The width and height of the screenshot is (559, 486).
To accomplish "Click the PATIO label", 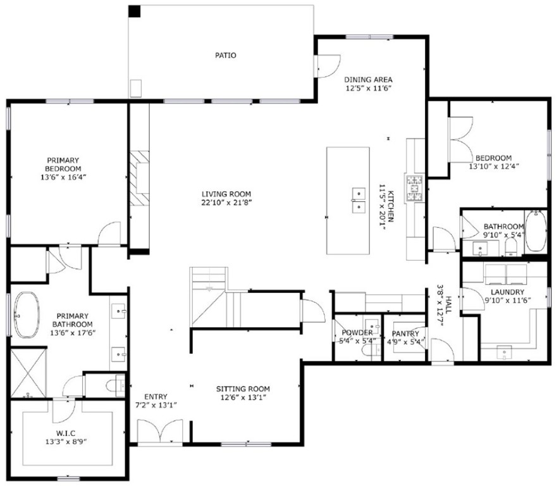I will tap(225, 56).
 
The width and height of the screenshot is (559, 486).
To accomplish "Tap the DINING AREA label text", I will tap(369, 80).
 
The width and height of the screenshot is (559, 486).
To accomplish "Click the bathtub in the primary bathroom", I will tap(27, 314).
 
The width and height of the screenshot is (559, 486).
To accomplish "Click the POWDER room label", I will tap(357, 333).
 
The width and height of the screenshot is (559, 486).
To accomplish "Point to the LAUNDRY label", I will tap(504, 292).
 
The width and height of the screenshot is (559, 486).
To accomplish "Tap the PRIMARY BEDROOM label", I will tap(63, 165).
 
